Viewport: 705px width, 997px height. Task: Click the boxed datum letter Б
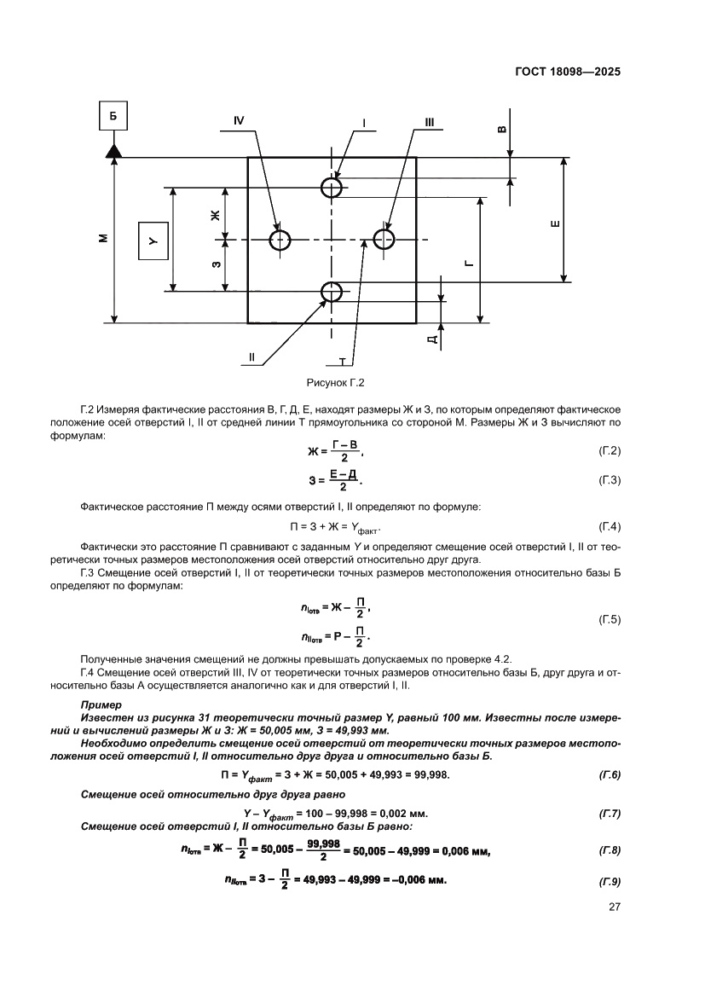(x=113, y=113)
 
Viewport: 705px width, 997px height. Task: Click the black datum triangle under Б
(x=113, y=150)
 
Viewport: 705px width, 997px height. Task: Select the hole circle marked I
(x=332, y=186)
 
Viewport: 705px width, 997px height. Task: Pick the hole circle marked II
(x=332, y=292)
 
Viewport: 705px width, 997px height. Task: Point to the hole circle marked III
(x=384, y=240)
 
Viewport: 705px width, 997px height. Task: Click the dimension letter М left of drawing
(x=102, y=238)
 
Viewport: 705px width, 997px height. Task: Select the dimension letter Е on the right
(x=555, y=224)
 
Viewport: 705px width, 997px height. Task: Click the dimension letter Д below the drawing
(x=434, y=339)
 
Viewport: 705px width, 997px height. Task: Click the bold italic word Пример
(x=101, y=705)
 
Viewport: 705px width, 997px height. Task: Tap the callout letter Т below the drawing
(x=341, y=361)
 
